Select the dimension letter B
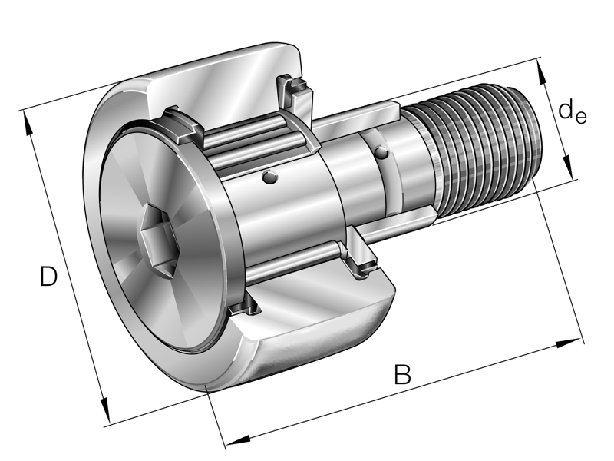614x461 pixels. coord(402,375)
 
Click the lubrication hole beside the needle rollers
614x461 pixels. coord(268,178)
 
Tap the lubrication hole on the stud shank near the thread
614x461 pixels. coord(381,154)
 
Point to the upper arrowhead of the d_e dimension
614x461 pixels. coord(543,71)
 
